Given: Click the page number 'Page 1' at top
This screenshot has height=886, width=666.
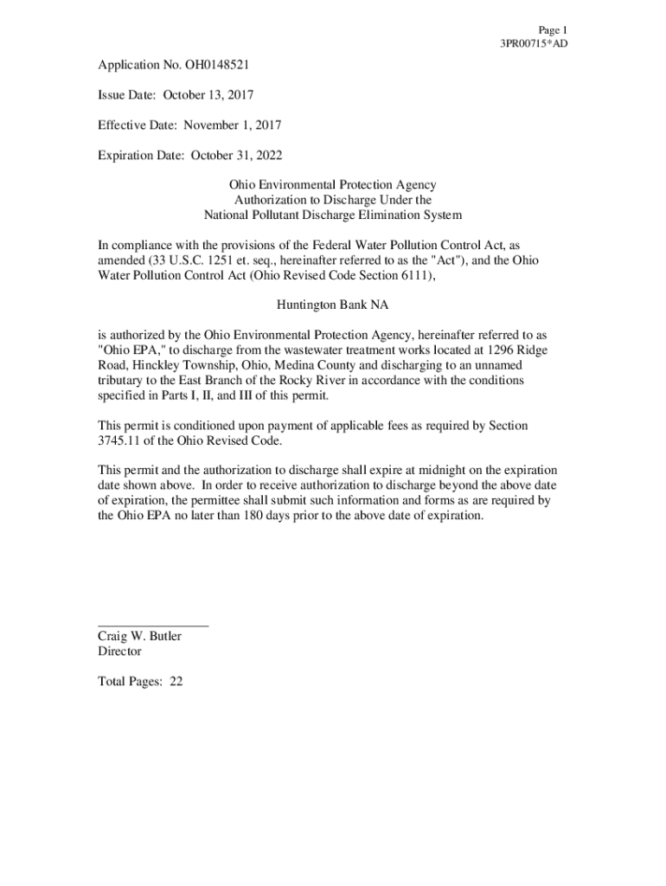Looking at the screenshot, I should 552,29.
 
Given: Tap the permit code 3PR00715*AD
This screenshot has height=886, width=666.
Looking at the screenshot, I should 534,43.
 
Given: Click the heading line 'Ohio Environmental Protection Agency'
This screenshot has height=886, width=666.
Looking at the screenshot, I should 332,185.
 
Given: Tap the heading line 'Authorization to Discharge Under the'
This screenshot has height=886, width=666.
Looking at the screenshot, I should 332,200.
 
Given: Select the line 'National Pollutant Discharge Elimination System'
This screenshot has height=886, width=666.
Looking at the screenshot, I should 332,215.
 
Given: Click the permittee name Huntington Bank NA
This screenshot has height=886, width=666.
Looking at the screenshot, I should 332,305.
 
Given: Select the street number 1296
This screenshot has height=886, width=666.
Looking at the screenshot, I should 499,350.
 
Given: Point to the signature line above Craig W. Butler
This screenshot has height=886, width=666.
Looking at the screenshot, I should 153,625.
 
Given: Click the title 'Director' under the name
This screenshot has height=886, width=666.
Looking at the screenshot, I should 119,651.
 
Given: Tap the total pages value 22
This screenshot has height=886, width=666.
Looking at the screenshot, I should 176,681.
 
